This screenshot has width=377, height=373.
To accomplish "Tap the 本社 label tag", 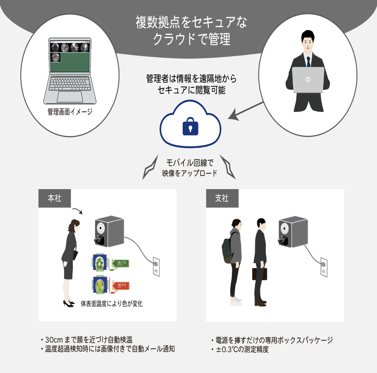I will point(55,198).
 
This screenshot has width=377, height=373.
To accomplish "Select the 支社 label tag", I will point(222,198).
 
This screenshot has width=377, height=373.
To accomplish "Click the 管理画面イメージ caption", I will point(70,112).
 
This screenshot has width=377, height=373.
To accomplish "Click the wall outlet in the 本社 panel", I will point(156,266).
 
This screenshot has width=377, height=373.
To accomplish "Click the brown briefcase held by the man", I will point(259,274).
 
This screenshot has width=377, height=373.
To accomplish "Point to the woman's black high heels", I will point(69,303).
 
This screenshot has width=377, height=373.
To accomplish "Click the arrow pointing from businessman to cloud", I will point(246,110).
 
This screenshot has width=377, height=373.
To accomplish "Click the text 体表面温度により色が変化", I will point(111,304).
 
